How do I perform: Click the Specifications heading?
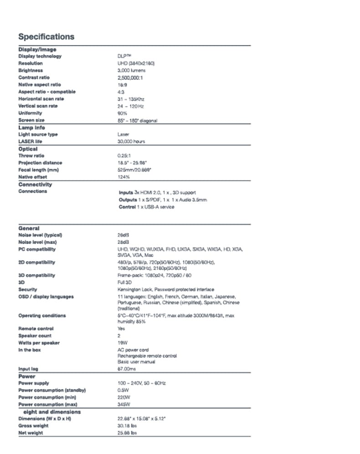[46, 37]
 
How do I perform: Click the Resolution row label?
[31, 63]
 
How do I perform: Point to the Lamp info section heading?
[31, 128]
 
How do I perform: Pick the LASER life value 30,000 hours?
[131, 142]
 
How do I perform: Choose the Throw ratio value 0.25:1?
[124, 156]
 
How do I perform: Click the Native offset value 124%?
[123, 177]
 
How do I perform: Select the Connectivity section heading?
[35, 185]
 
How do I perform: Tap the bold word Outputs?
[128, 200]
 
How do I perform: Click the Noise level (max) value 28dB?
[123, 242]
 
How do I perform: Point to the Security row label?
[28, 289]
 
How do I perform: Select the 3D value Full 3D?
[124, 283]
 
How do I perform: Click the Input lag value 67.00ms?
[127, 369]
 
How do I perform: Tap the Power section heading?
[27, 377]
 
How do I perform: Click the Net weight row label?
[31, 433]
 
